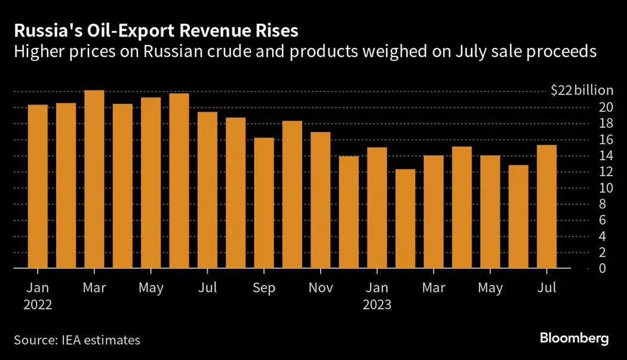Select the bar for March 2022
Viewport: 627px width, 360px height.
(x=94, y=179)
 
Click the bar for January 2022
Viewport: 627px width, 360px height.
(x=38, y=186)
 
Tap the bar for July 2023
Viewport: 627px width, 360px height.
(x=547, y=207)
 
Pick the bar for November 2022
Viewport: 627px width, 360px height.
(x=321, y=200)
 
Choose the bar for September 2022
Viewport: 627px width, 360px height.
(x=264, y=203)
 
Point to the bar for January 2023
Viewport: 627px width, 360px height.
(x=377, y=208)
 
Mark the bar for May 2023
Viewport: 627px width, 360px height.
(x=490, y=212)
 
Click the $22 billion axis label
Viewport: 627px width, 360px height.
(x=582, y=91)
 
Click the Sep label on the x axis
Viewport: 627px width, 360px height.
(x=264, y=288)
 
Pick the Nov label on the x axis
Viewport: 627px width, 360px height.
(x=321, y=288)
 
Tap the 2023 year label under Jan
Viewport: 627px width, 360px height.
(x=377, y=304)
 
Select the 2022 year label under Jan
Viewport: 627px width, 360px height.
(x=38, y=304)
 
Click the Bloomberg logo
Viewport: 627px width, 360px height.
(x=574, y=339)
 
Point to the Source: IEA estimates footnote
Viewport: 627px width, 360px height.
(x=77, y=340)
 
